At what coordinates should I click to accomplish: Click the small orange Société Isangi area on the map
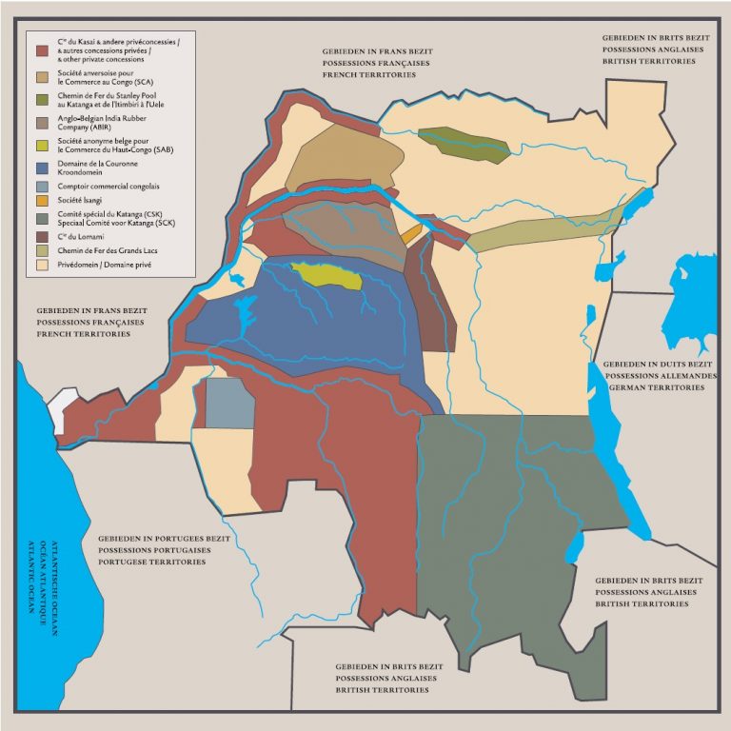coord(411,233)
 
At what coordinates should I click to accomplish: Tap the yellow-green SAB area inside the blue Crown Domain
coord(327,277)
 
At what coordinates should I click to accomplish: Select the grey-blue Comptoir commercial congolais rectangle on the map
coord(230,403)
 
